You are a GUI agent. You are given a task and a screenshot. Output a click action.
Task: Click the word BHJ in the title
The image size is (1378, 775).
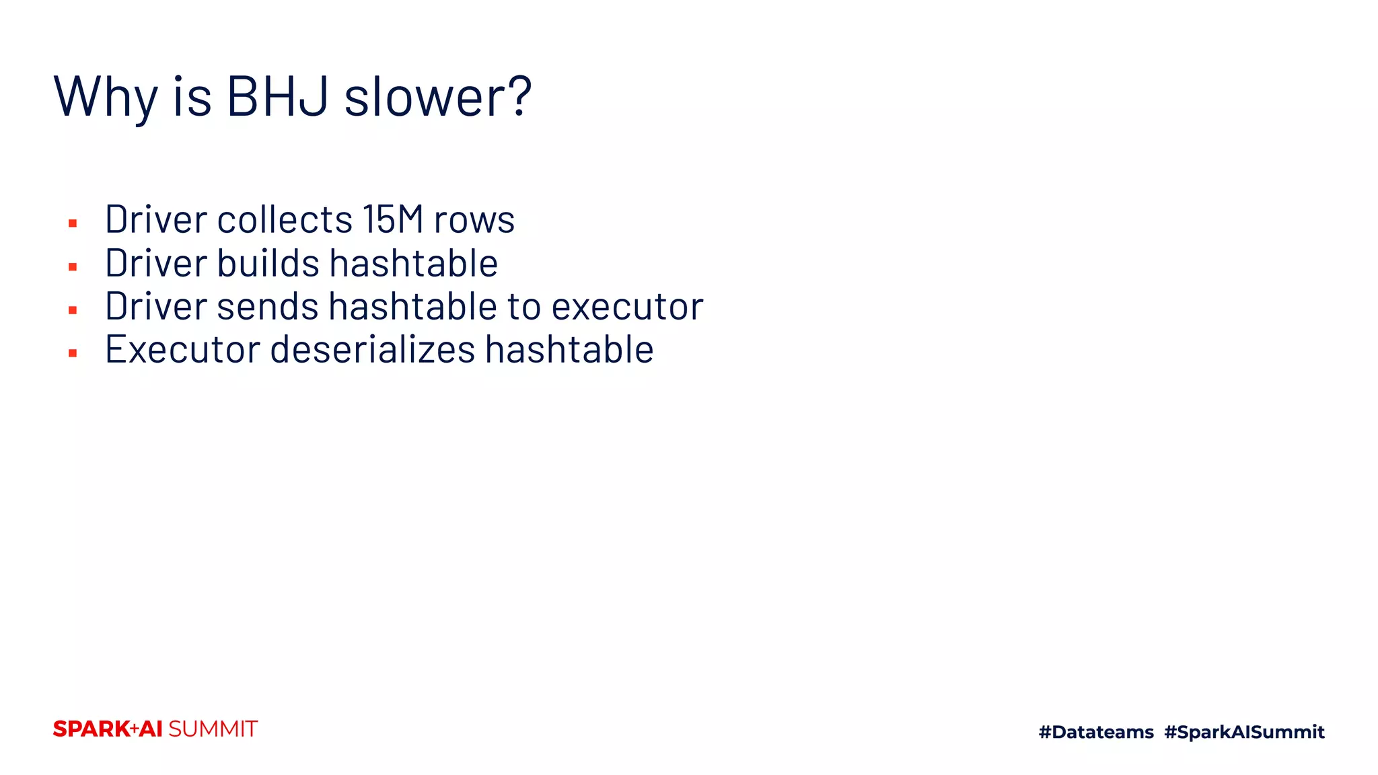tap(277, 97)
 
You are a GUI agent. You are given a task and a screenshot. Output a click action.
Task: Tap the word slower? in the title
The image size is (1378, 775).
tap(438, 97)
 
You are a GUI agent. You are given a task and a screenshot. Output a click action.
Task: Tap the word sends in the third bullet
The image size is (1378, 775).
tap(267, 307)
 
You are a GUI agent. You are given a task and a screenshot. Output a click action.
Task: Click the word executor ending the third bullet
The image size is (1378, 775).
tap(627, 307)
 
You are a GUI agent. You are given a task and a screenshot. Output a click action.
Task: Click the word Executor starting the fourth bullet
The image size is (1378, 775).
tap(182, 350)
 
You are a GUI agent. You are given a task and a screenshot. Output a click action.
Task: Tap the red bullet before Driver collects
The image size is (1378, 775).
tap(73, 223)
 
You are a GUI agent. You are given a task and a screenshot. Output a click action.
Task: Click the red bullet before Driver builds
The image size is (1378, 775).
tap(73, 267)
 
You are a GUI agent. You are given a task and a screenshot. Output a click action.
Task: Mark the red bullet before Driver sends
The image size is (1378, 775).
tap(73, 310)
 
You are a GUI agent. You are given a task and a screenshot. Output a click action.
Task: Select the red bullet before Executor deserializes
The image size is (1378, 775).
tap(73, 353)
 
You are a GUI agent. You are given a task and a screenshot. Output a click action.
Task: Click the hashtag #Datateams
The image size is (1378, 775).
tap(1096, 732)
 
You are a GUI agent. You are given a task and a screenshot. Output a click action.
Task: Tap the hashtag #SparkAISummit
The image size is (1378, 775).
tap(1244, 732)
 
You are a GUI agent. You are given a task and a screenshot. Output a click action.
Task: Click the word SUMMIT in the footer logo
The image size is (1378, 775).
tap(213, 729)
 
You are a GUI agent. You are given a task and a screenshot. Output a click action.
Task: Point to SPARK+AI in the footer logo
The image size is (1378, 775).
tap(108, 729)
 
